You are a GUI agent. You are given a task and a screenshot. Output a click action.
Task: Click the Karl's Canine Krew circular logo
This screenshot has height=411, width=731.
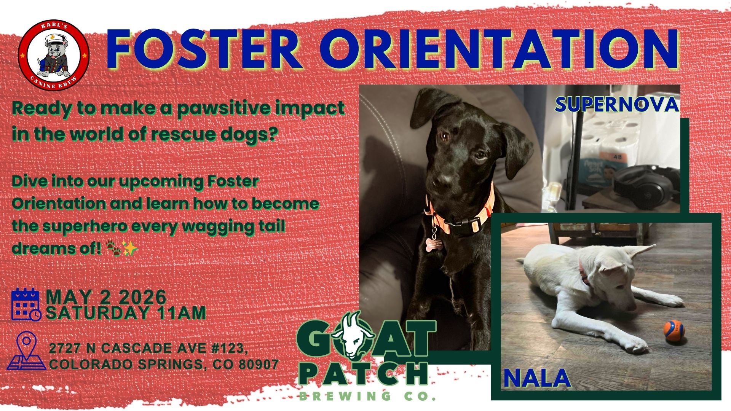[54, 56]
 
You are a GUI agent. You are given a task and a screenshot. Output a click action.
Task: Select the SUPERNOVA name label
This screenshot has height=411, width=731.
[616, 104]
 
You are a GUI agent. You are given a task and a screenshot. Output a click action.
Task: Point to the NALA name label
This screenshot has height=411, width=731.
[537, 378]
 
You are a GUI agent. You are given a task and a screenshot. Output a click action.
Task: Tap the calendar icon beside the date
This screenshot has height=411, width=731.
[26, 304]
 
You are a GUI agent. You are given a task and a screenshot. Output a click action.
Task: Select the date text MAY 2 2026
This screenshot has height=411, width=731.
[106, 297]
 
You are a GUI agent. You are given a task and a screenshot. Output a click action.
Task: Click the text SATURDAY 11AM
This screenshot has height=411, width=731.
[126, 313]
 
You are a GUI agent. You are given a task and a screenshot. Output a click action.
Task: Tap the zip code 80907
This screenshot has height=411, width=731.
[259, 365]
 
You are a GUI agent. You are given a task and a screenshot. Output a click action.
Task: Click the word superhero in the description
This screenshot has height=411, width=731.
[85, 226]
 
